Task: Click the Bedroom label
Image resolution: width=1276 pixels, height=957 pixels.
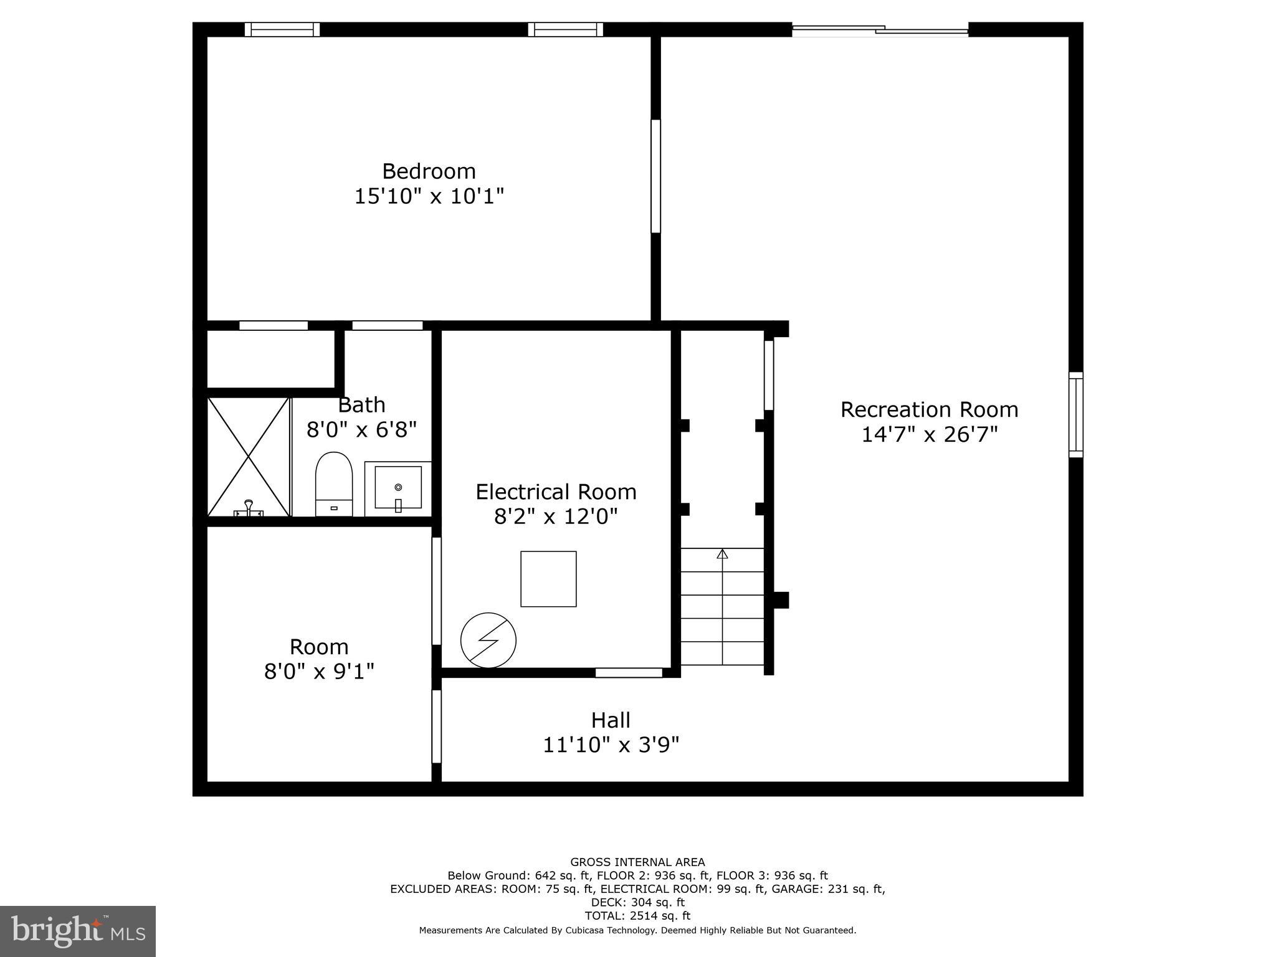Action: [429, 171]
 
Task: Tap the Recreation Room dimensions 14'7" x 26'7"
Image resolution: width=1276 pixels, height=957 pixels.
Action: [929, 434]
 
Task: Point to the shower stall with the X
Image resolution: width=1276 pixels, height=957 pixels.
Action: [249, 457]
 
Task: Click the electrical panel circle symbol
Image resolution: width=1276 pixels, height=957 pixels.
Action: [488, 640]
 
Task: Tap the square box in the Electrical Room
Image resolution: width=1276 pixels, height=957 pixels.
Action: [548, 579]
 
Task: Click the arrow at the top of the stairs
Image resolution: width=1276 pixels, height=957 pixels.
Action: [722, 554]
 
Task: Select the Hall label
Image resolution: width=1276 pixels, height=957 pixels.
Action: [611, 720]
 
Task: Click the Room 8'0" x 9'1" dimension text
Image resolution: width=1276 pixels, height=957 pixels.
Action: [319, 672]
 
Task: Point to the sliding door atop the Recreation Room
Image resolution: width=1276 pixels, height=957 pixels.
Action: [880, 29]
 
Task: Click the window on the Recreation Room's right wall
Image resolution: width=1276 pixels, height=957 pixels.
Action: [1075, 414]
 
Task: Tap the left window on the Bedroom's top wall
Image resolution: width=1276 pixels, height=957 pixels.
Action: [282, 29]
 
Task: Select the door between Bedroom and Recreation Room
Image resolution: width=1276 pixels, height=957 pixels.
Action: [655, 176]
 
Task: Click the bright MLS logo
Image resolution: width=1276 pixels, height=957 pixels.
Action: [78, 931]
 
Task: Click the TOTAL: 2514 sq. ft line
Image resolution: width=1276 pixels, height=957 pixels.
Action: [637, 916]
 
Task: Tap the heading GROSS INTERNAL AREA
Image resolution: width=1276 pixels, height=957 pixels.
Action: [637, 862]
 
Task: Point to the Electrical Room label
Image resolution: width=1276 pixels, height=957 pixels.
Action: [556, 492]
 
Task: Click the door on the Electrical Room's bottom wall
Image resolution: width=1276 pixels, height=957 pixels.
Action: [628, 672]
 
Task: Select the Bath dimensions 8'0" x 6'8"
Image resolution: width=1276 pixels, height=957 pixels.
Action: [361, 429]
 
